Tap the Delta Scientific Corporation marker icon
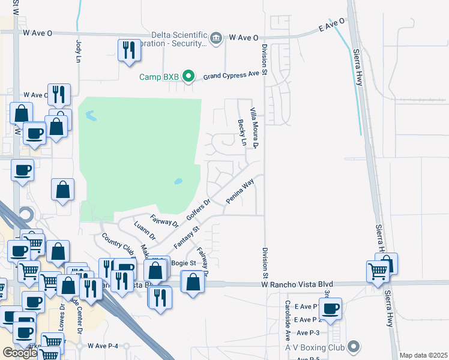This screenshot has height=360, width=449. coord(217,37)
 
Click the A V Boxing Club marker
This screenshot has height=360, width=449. coord(354,346)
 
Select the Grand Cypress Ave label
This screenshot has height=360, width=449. coord(234,75)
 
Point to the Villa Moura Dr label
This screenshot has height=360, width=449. coord(254,128)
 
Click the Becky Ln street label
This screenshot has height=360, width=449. coord(242,133)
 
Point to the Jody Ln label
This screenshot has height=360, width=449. coord(78,52)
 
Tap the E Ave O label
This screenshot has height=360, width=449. coord(332,28)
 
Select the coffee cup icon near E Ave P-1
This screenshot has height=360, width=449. coord(330,308)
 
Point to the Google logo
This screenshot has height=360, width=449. coord(20,353)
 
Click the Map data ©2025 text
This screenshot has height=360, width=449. coord(424,355)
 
